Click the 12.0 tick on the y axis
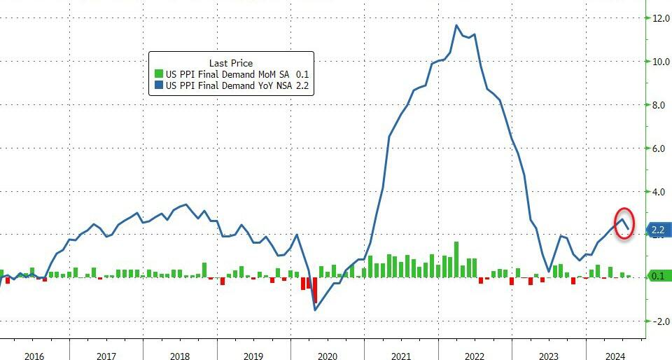(x=660, y=18)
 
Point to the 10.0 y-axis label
(x=660, y=62)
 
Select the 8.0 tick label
(x=660, y=105)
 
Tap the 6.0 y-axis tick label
(x=660, y=148)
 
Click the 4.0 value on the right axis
(x=660, y=191)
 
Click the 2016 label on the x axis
(x=34, y=356)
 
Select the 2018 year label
(x=180, y=356)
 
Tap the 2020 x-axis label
(x=327, y=356)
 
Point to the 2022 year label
(x=474, y=356)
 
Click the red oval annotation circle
(x=624, y=223)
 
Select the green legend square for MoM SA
(x=158, y=74)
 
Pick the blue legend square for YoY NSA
(x=158, y=86)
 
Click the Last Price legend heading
(x=231, y=63)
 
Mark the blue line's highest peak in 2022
(x=456, y=26)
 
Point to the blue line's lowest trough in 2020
(x=315, y=310)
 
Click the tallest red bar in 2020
(x=315, y=289)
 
